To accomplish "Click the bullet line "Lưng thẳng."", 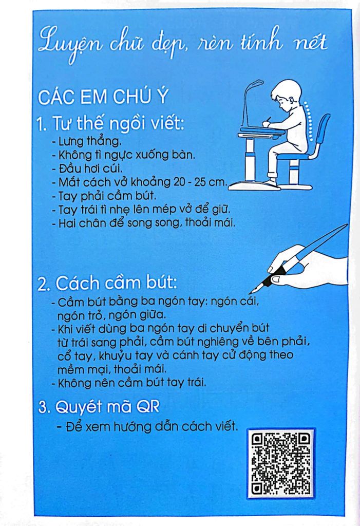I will (x=87, y=140).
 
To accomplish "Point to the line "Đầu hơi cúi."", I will (x=88, y=168).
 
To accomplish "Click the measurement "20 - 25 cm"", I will (x=201, y=182).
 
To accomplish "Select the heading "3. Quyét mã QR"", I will (x=99, y=408).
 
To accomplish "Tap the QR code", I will (x=280, y=463).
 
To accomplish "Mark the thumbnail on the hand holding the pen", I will (x=275, y=279).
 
